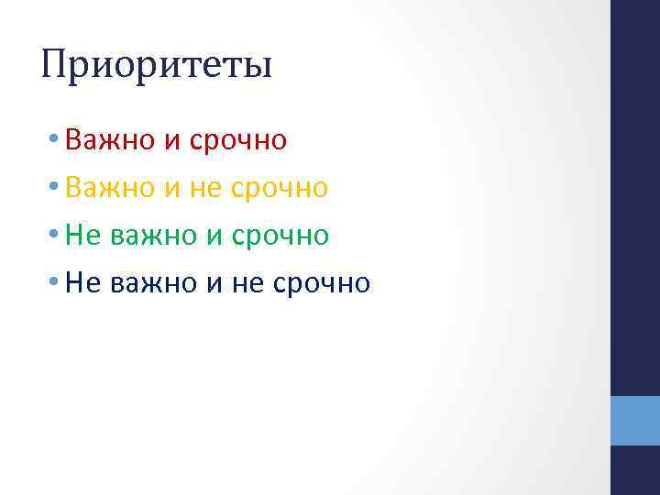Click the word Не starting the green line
pyautogui.click(x=83, y=236)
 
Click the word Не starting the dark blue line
pyautogui.click(x=83, y=283)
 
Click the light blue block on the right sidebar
pyautogui.click(x=635, y=421)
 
